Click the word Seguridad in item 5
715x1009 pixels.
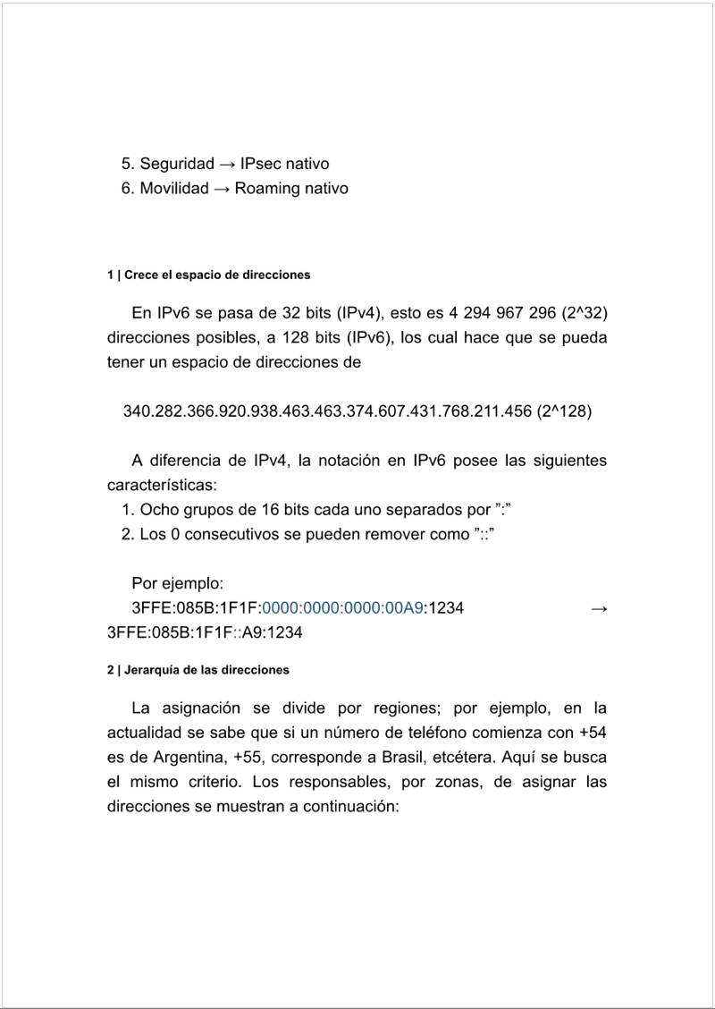click(x=177, y=164)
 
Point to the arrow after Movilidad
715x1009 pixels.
click(x=222, y=188)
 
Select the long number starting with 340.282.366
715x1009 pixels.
click(x=328, y=411)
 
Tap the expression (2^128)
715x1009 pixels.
click(x=565, y=411)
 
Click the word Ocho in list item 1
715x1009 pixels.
click(x=158, y=509)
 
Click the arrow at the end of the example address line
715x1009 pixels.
click(x=599, y=608)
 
